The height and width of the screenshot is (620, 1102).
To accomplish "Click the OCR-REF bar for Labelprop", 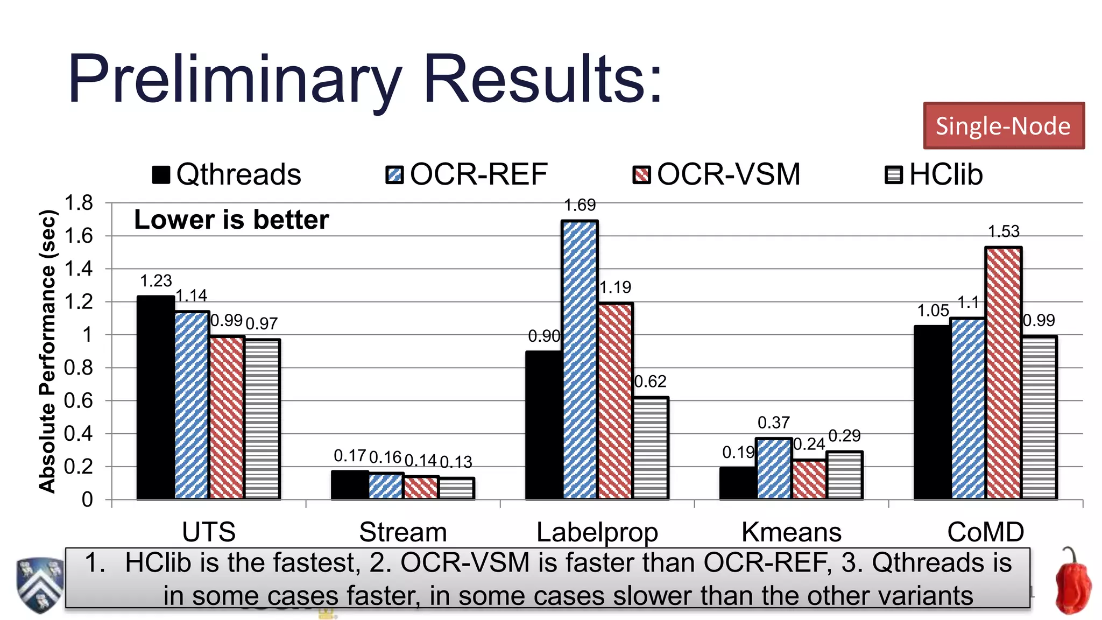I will click(x=580, y=360).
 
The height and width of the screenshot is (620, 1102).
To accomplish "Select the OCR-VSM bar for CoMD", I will click(x=1003, y=372).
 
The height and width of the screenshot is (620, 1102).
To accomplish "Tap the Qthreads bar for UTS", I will click(x=156, y=397).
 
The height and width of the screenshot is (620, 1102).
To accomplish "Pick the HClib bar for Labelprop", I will click(x=651, y=448).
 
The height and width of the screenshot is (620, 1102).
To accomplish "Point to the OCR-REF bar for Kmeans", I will click(x=774, y=468).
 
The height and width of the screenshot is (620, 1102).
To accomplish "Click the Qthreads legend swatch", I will click(x=161, y=174).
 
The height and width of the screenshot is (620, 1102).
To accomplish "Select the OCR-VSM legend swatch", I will click(x=641, y=175).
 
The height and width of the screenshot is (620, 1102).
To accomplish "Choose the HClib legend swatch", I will click(x=894, y=175).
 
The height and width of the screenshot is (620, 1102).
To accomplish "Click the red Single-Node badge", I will click(x=1004, y=125).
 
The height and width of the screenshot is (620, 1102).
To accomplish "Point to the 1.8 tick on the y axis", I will click(x=79, y=203).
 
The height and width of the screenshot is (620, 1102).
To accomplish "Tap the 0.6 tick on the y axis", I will click(x=79, y=401).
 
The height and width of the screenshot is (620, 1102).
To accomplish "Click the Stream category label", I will click(x=403, y=532).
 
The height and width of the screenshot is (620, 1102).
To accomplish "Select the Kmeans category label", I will click(x=791, y=532).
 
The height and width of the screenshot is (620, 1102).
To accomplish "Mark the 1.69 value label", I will click(x=580, y=205).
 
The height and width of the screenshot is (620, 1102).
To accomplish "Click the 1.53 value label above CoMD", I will click(x=1004, y=231).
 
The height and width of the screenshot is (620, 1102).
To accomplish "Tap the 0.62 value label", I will click(x=651, y=382).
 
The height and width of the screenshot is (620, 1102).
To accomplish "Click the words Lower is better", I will click(x=231, y=220).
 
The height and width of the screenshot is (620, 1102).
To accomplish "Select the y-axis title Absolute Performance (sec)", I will click(x=47, y=351).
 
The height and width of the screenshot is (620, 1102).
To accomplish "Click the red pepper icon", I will click(x=1072, y=583).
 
